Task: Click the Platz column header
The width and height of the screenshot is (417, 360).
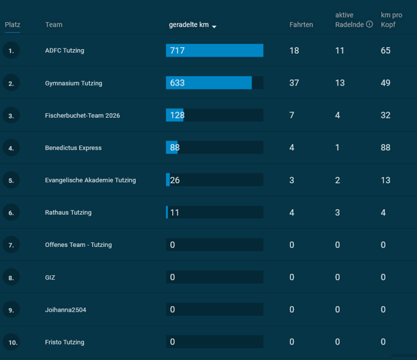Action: point(13,25)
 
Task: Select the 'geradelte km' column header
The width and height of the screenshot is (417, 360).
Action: point(189,25)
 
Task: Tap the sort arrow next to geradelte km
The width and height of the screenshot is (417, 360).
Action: point(214,26)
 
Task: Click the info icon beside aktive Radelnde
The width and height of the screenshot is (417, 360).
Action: point(369,24)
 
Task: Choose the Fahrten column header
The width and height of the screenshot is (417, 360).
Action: point(301,25)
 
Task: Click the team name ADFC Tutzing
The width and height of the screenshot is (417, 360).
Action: point(65,50)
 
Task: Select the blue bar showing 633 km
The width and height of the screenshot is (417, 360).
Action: point(208,83)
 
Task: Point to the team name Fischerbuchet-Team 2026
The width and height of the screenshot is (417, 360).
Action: point(83,116)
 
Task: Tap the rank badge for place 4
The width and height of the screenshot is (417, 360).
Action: point(11,147)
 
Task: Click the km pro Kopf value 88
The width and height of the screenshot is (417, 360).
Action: point(385,147)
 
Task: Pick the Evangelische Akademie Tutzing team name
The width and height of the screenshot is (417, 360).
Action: point(90,180)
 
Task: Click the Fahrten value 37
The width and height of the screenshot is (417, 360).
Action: point(294,83)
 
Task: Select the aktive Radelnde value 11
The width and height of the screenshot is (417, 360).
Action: point(340,50)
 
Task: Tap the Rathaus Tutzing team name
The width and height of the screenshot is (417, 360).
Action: point(69,213)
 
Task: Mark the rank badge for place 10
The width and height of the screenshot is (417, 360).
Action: point(11,342)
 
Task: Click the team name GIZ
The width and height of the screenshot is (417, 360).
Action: point(50,277)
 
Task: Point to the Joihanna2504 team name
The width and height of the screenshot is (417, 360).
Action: point(66,310)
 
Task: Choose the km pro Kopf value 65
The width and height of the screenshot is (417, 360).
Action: point(385,50)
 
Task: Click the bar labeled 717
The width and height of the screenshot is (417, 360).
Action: point(215,50)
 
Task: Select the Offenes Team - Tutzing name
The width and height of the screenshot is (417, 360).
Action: point(79,245)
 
